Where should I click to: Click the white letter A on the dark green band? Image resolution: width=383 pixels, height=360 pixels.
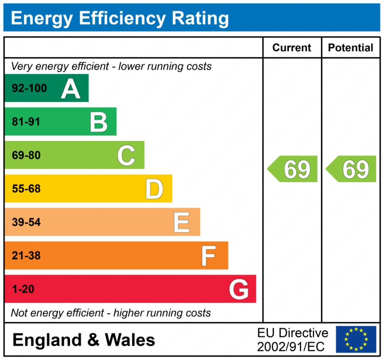pos(71,89)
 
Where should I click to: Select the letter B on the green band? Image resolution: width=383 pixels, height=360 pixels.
pos(99,122)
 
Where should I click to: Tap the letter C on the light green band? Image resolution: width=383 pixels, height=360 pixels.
pos(126,155)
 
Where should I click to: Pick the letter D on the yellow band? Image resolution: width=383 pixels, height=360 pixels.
pos(154,189)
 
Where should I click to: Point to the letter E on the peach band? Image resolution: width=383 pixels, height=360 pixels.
pos(182,222)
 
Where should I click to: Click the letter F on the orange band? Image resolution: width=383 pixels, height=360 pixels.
pos(209,256)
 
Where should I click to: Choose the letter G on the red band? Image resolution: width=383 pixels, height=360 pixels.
pos(239,290)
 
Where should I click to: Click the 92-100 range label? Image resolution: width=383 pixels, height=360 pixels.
pos(30,89)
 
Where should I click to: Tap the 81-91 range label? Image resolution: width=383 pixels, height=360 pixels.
pos(26,122)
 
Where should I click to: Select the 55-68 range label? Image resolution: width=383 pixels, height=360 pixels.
pos(26,189)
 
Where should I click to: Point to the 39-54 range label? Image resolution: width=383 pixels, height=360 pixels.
pos(26,222)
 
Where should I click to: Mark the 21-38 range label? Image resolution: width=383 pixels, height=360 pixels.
pos(26,256)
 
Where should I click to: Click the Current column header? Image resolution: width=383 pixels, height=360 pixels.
pos(292,48)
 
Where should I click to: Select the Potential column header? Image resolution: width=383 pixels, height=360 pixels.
pos(351,48)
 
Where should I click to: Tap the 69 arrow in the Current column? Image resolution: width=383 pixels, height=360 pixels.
pos(293,169)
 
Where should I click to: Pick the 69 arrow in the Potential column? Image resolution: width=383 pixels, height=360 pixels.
pos(352,169)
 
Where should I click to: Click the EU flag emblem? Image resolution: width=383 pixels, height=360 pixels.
pos(356,339)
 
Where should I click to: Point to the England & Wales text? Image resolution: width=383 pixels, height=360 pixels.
pos(84,340)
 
